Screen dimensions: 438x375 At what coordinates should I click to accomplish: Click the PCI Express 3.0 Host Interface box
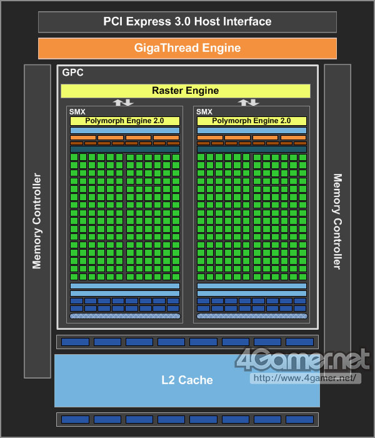[x=187, y=22]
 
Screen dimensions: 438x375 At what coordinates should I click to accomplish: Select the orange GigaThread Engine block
[x=187, y=48]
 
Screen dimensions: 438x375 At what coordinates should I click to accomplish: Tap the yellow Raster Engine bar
[x=186, y=91]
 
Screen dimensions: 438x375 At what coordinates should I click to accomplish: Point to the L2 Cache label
[x=187, y=380]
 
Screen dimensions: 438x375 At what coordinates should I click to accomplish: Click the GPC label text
[x=72, y=73]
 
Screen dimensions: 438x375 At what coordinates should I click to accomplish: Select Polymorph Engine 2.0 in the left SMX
[x=125, y=121]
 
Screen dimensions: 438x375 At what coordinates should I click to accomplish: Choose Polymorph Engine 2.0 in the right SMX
[x=251, y=121]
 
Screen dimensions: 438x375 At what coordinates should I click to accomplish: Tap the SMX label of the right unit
[x=204, y=112]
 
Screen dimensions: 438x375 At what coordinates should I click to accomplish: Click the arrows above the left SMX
[x=122, y=103]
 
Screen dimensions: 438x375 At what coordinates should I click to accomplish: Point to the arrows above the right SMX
[x=248, y=103]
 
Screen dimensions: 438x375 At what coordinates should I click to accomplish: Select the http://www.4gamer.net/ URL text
[x=305, y=379]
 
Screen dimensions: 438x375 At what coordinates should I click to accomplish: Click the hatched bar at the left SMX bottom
[x=125, y=317]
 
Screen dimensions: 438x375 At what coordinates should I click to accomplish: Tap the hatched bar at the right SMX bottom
[x=251, y=317]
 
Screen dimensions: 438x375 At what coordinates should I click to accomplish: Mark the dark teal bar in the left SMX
[x=125, y=150]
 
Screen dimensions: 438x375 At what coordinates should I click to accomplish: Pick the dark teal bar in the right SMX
[x=251, y=150]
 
